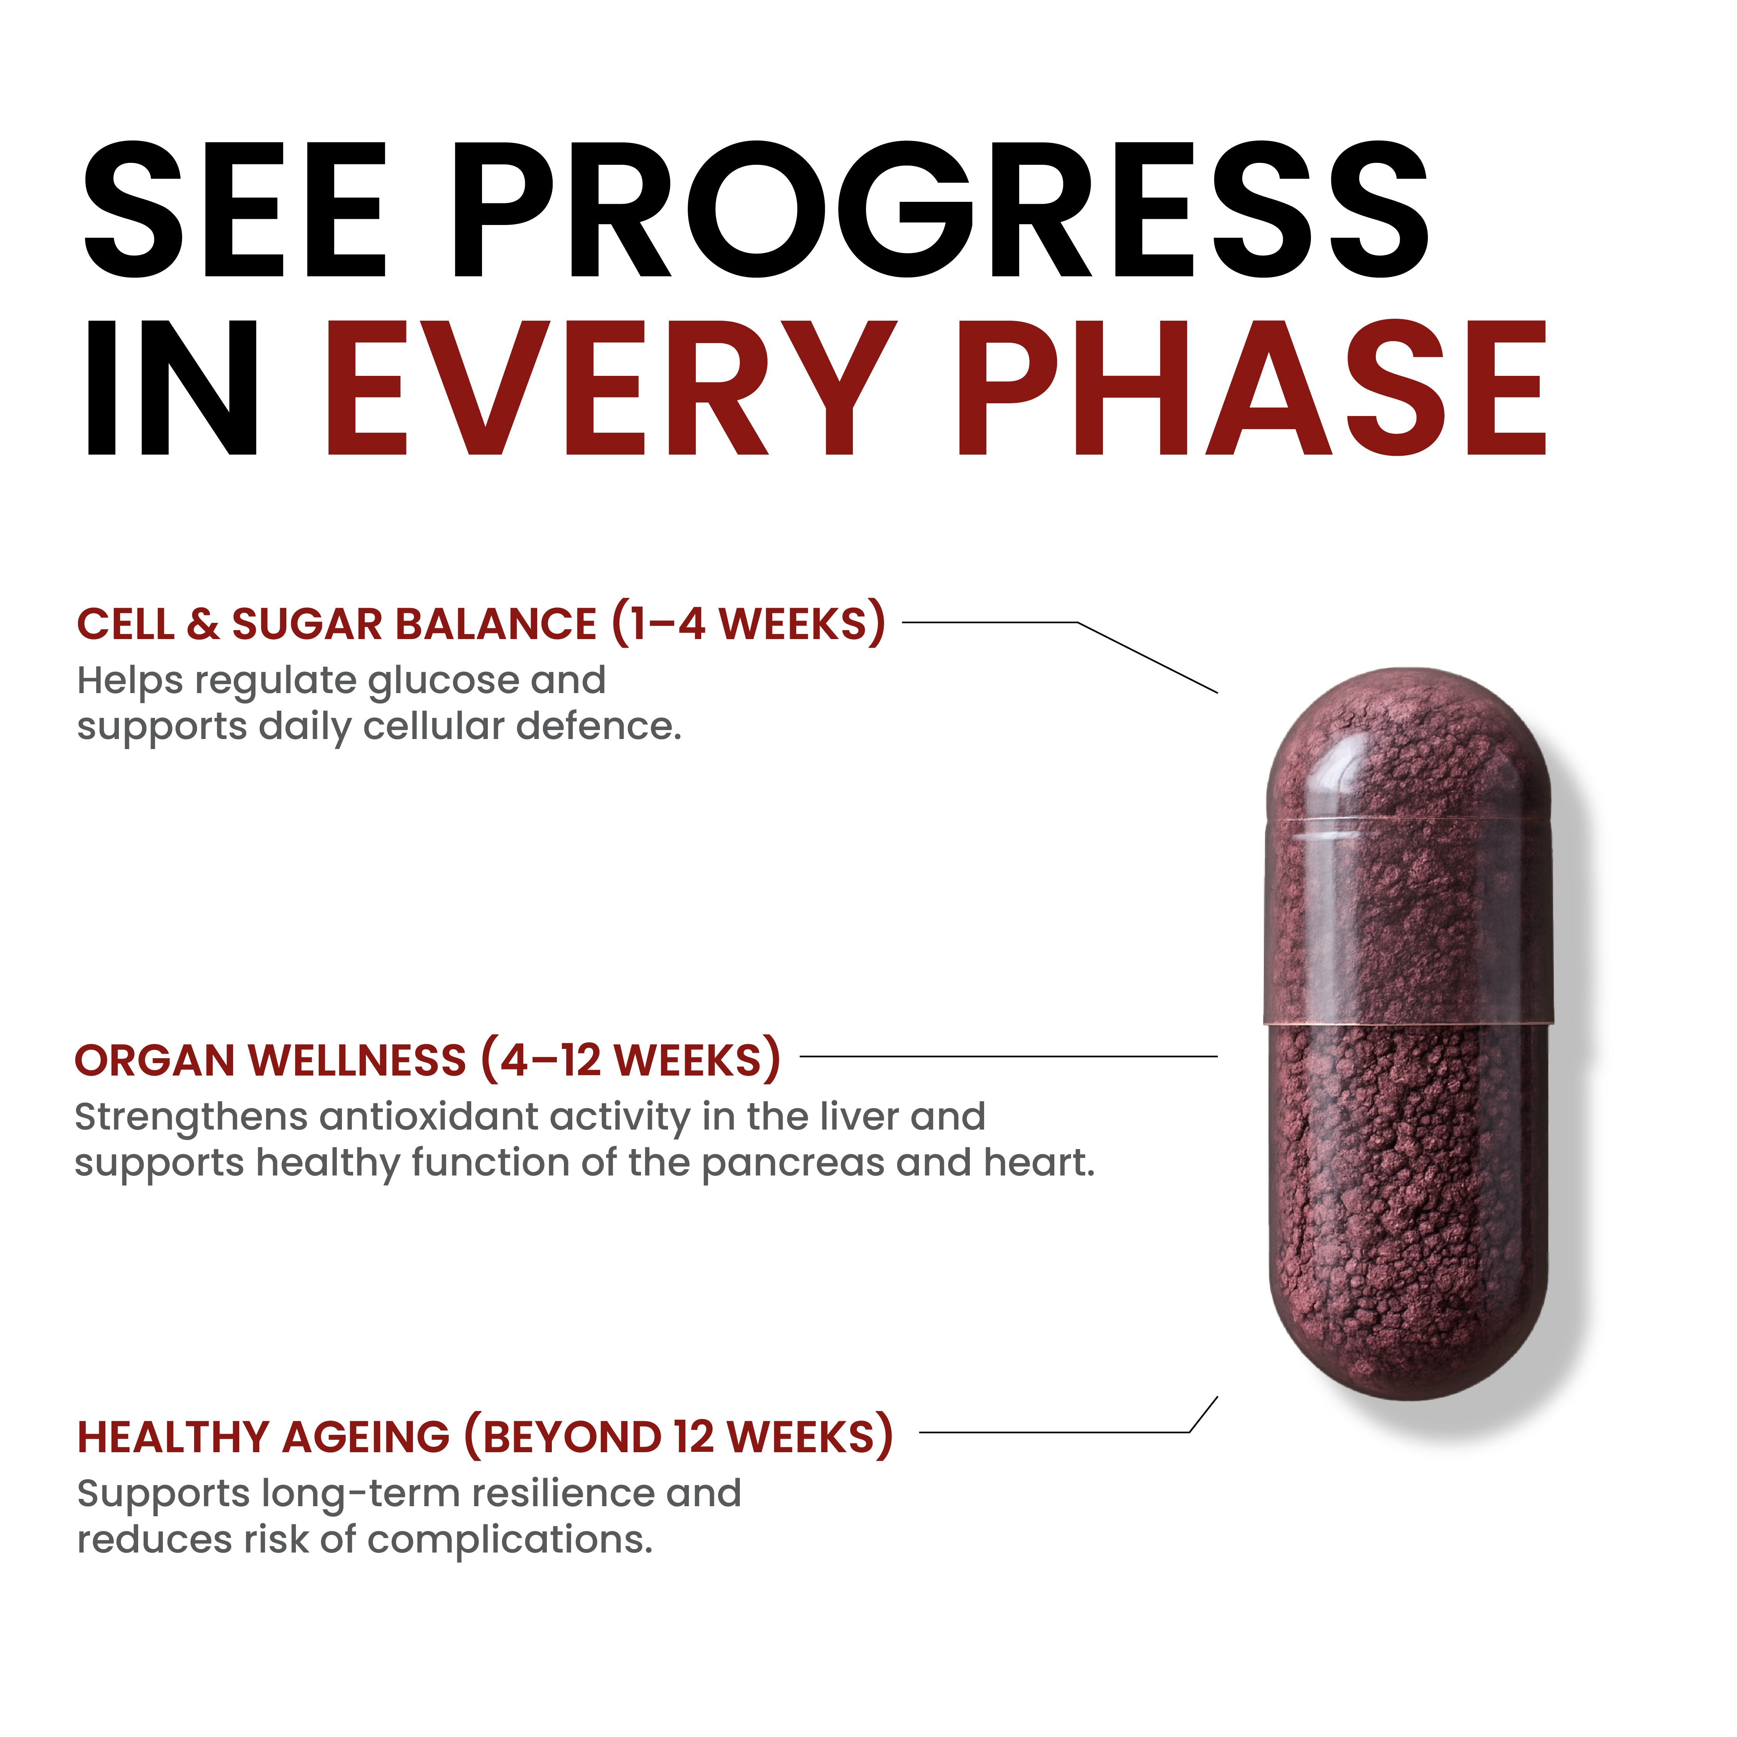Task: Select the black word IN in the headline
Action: click(171, 388)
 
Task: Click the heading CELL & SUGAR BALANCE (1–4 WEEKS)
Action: click(481, 624)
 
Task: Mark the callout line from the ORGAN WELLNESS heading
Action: click(1007, 1056)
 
